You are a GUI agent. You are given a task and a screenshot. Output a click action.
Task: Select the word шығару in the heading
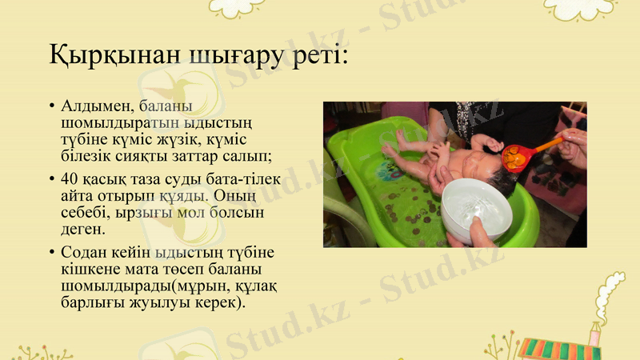(216, 58)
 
